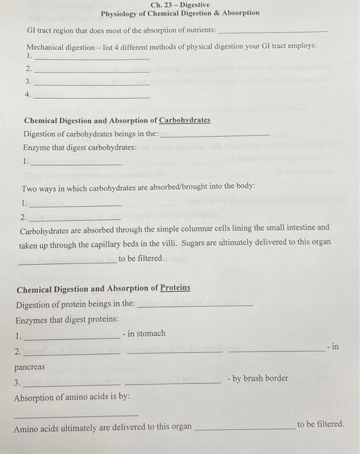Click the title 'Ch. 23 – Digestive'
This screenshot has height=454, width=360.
(180, 5)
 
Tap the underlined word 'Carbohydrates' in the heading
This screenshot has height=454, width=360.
(185, 121)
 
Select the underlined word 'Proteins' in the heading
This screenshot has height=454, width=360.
(175, 288)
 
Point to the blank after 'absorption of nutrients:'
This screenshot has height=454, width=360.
(272, 31)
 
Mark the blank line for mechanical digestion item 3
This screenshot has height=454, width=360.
(91, 84)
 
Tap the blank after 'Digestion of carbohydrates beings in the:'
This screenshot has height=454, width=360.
(214, 135)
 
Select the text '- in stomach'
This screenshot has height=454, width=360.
(143, 333)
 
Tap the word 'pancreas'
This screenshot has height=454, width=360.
(30, 367)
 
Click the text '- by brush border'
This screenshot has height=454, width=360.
(258, 378)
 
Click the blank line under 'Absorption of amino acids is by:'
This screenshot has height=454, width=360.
(76, 414)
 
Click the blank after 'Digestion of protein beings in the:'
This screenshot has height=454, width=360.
(196, 304)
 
